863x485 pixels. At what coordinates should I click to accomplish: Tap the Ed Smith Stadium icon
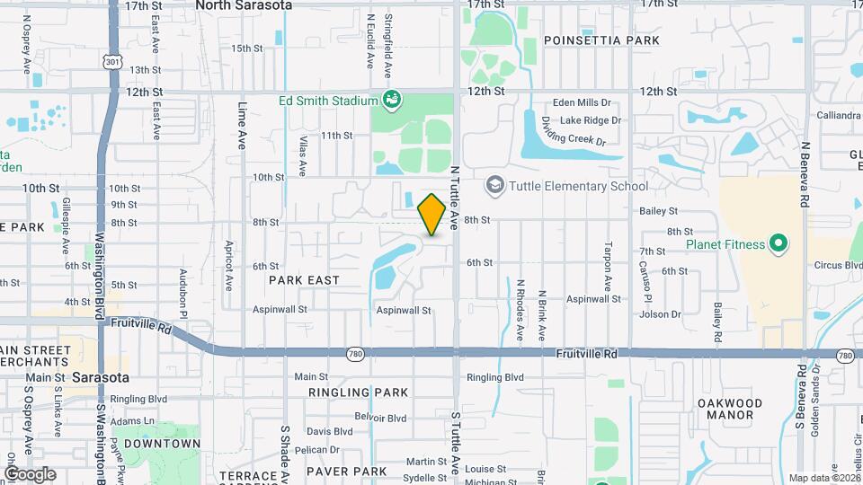[x=391, y=99]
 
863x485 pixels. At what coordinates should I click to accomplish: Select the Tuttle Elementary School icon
[x=494, y=186]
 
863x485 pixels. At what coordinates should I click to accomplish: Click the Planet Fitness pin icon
[x=778, y=243]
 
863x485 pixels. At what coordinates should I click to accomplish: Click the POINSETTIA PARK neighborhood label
[x=601, y=40]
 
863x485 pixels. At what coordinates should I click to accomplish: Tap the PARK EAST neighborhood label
[x=304, y=280]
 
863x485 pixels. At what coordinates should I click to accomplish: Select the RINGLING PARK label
[x=358, y=392]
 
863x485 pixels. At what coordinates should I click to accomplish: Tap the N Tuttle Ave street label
[x=455, y=194]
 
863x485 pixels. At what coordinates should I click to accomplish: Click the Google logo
[x=30, y=474]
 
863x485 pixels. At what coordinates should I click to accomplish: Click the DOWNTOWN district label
[x=162, y=444]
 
